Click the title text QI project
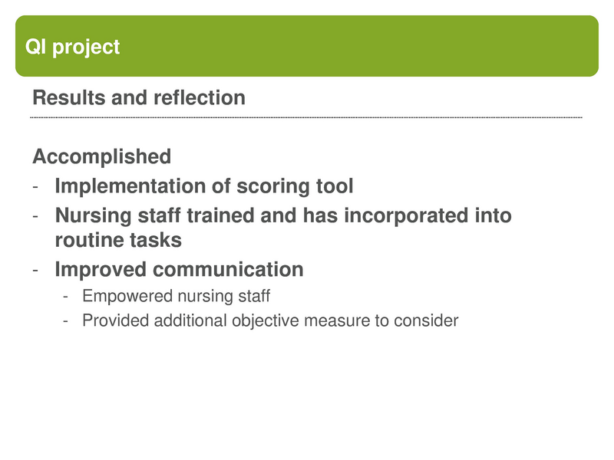[73, 47]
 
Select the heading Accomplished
[101, 157]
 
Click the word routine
[87, 240]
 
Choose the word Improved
[101, 270]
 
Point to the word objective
[265, 320]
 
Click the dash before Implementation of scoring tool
[35, 187]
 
